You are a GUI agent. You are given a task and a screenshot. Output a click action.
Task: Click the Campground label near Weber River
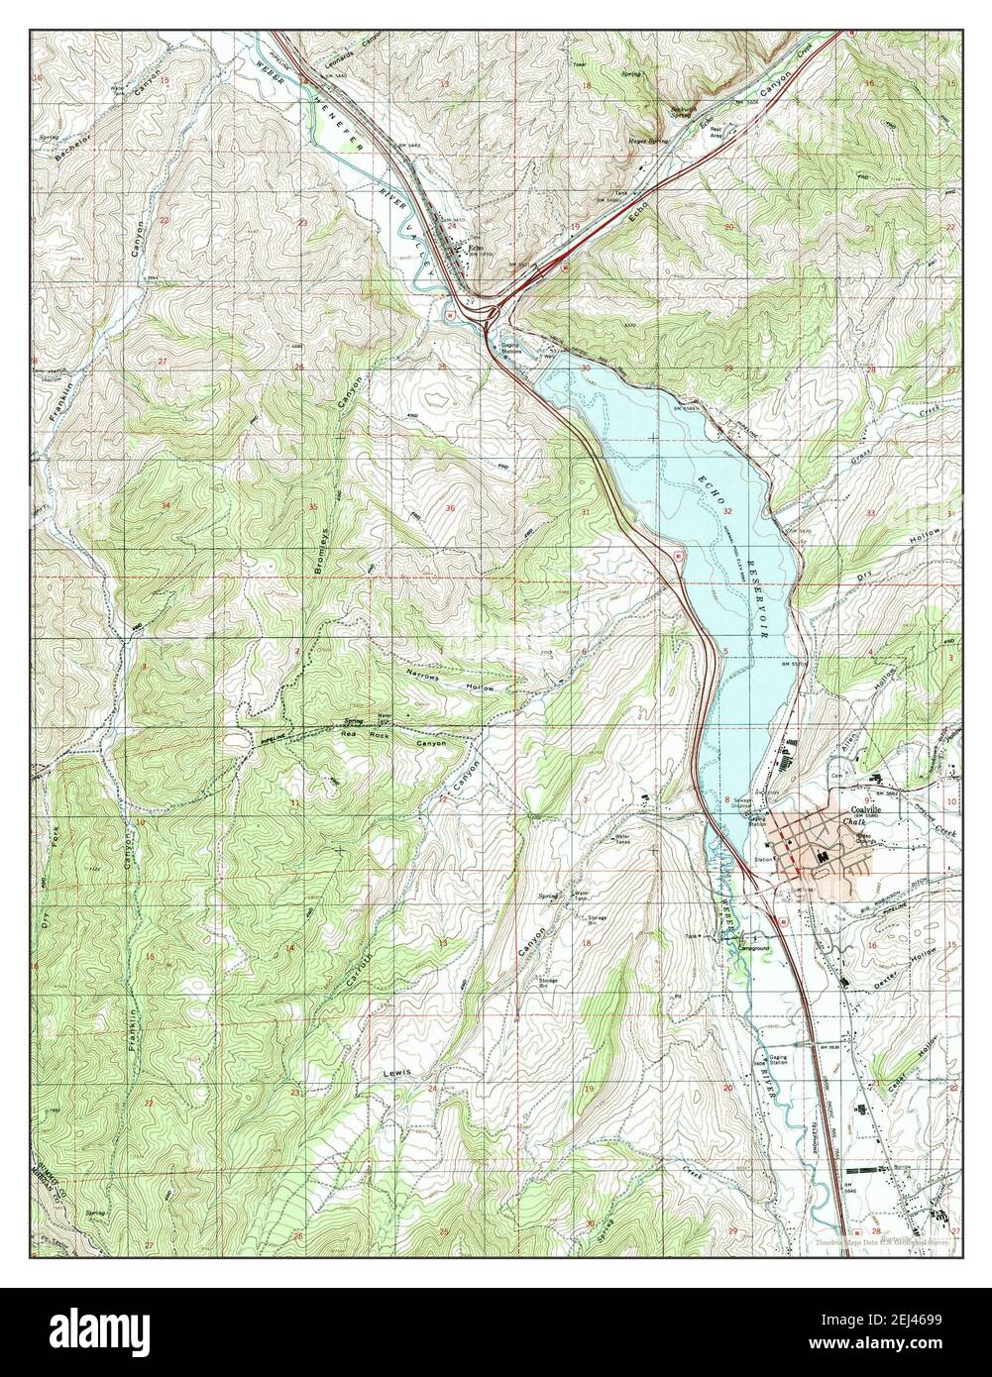click(x=752, y=948)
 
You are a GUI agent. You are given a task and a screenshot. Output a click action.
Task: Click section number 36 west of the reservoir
click(x=451, y=508)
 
